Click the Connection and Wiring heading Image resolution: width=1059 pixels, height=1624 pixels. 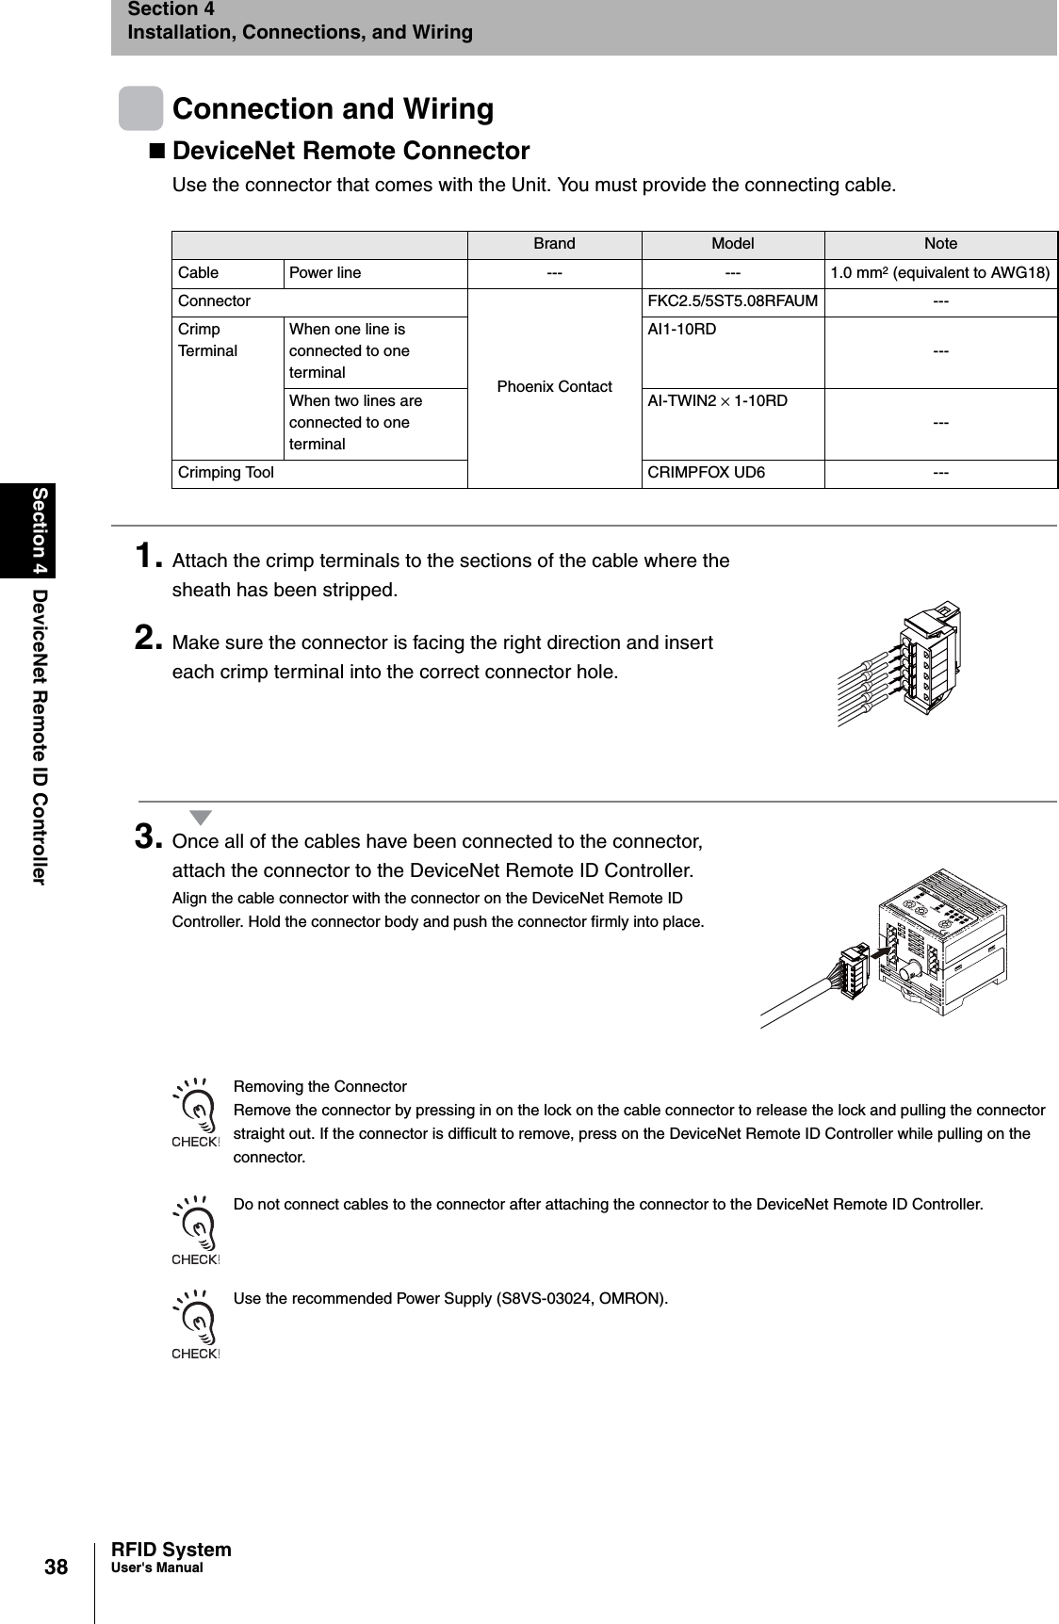(x=333, y=109)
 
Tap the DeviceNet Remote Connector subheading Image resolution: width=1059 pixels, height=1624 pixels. (x=350, y=151)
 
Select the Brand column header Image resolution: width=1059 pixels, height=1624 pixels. (x=554, y=244)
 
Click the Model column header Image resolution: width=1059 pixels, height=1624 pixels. (x=732, y=244)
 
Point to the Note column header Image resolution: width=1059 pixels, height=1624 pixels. (x=940, y=244)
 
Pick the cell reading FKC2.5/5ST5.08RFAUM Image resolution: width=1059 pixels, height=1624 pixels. (x=732, y=301)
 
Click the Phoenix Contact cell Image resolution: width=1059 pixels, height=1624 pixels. (x=554, y=387)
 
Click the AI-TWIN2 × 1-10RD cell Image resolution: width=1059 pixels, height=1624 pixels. (x=717, y=401)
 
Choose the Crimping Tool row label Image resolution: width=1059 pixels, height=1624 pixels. (x=226, y=473)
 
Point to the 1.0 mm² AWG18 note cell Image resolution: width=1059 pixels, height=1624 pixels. (x=940, y=273)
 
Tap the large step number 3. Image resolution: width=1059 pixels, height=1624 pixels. (x=150, y=836)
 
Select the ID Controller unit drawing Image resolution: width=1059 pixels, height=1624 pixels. (x=942, y=942)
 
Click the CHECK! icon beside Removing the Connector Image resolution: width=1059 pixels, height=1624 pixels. (x=195, y=1113)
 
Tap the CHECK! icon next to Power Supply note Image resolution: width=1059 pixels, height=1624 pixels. (x=195, y=1325)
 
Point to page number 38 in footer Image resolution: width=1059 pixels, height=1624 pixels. (x=57, y=1567)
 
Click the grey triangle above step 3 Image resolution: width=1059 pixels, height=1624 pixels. (x=200, y=817)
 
